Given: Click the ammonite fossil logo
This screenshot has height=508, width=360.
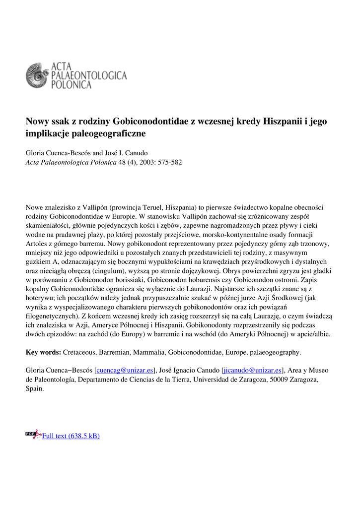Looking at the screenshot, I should [x=38, y=75].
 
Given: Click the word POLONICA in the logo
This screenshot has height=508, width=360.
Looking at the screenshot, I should [x=72, y=85].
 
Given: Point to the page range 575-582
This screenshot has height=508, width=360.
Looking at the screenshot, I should [x=169, y=162].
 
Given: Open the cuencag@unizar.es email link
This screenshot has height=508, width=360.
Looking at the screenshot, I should [x=125, y=370].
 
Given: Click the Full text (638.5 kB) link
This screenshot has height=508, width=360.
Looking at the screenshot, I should [x=71, y=436].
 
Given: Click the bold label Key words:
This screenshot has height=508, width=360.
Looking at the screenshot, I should [x=44, y=352].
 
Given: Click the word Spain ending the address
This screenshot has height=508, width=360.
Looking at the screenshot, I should [x=34, y=388].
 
